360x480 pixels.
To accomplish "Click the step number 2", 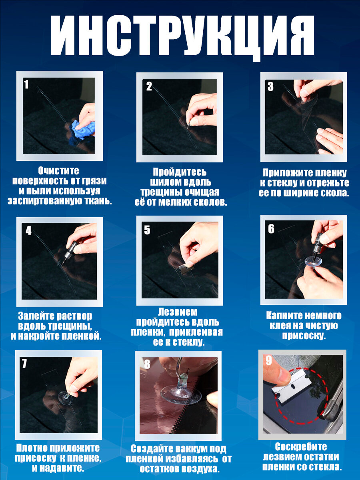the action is (149, 86).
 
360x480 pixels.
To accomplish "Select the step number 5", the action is (147, 230).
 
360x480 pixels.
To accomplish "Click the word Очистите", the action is (58, 171).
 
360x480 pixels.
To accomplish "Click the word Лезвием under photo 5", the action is (178, 312).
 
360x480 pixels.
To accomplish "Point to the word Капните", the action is (284, 316).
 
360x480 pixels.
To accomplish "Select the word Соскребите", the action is (301, 447).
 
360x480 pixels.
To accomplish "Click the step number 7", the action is (24, 363).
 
